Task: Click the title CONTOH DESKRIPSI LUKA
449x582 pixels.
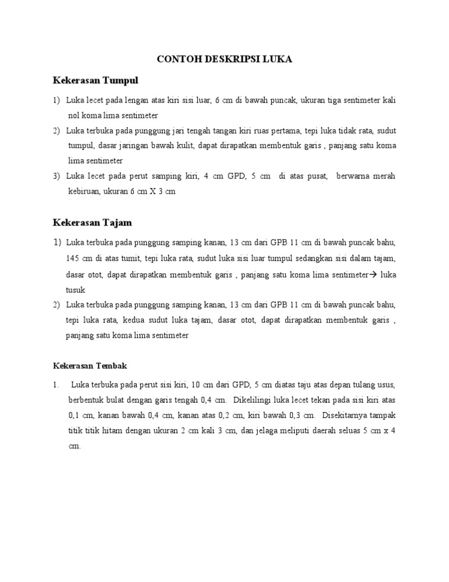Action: (x=224, y=60)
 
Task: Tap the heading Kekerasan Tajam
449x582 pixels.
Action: (x=92, y=222)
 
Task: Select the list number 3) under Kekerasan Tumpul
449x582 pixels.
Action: (x=57, y=176)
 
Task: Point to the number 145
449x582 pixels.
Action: (x=74, y=258)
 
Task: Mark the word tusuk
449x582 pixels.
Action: (x=76, y=290)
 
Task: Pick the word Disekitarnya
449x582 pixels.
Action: (x=348, y=416)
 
